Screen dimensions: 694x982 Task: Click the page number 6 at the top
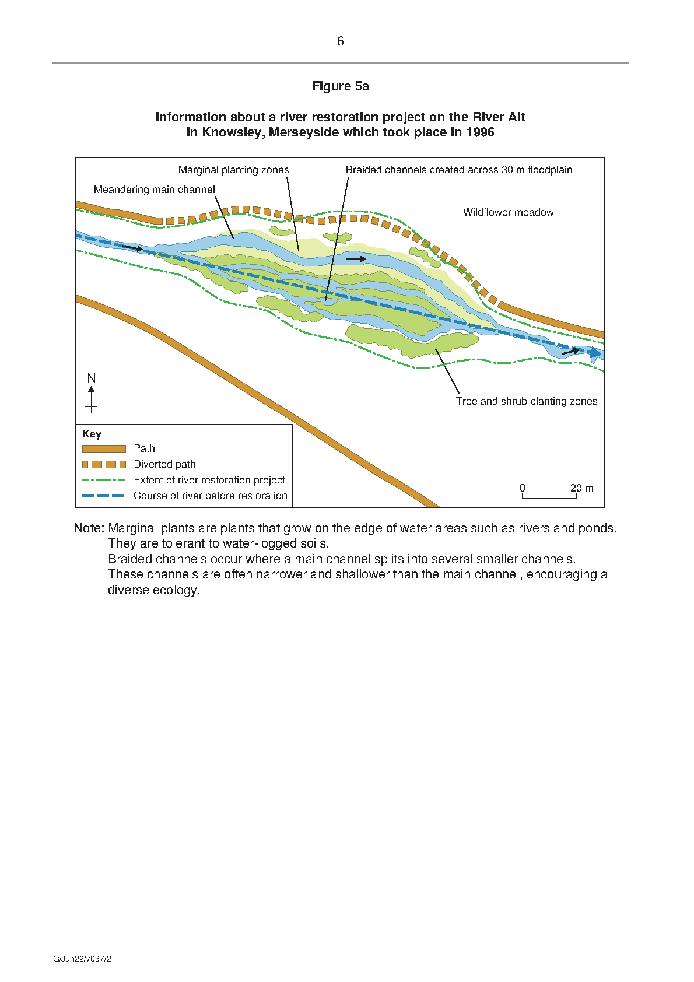tap(340, 41)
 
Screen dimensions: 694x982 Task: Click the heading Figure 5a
tap(340, 86)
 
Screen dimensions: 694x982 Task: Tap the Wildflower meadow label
tap(508, 212)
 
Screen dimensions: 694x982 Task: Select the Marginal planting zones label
tap(233, 170)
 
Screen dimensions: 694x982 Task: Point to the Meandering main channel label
tap(155, 190)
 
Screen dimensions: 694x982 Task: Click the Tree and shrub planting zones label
tap(527, 401)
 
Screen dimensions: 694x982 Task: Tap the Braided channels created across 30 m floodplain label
tap(459, 170)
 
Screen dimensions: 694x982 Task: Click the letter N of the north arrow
tap(91, 378)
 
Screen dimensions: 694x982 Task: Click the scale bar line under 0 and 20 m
tap(549, 498)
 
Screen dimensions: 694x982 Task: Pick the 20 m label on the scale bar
tap(582, 488)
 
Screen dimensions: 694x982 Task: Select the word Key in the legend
tap(92, 434)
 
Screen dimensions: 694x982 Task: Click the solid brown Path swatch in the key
tap(104, 448)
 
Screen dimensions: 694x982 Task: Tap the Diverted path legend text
tap(164, 464)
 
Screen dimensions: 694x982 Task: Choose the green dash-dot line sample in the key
tap(104, 480)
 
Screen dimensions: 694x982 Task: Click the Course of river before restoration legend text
tap(211, 496)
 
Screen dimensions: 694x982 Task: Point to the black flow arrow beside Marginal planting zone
tap(356, 259)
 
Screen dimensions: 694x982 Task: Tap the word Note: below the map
tap(89, 528)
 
